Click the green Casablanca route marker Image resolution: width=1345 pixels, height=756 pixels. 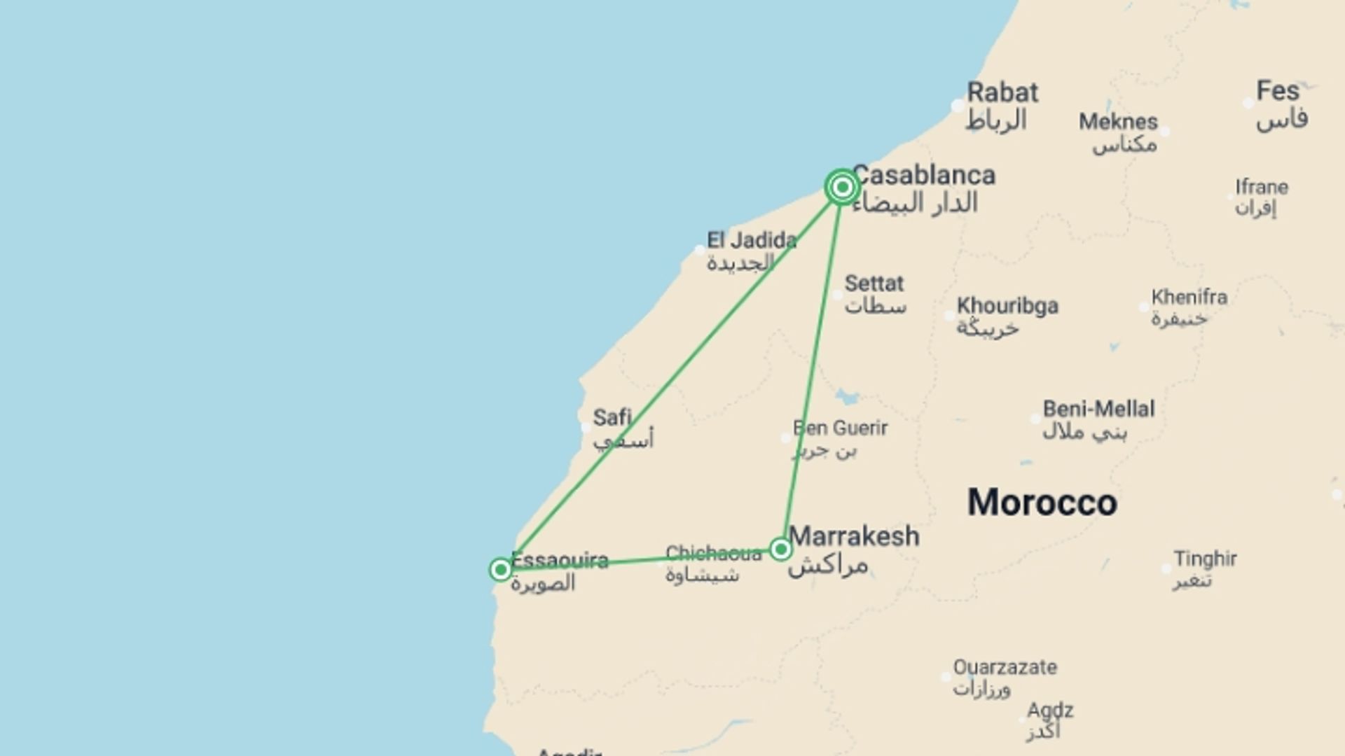[842, 187]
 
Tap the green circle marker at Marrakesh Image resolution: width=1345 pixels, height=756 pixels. [780, 549]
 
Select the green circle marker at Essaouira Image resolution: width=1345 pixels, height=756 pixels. [500, 570]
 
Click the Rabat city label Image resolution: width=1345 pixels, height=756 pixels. [1002, 92]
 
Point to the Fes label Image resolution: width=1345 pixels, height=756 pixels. [1278, 91]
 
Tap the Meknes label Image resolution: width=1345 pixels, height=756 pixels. [1118, 122]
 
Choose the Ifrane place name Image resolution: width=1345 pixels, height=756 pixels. [1261, 187]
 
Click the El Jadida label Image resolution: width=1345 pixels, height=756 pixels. [751, 241]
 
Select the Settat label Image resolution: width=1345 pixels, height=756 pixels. [874, 283]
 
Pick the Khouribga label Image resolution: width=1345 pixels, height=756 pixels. [1007, 306]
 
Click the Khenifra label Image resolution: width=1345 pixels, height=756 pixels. [1189, 297]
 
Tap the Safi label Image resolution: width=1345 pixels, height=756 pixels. [612, 418]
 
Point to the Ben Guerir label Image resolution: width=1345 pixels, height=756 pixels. [840, 428]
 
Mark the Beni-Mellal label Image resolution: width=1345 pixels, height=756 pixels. [1098, 409]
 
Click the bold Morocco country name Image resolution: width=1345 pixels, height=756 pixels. [1042, 503]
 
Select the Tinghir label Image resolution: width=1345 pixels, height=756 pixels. [1205, 559]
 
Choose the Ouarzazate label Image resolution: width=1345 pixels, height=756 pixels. [1005, 667]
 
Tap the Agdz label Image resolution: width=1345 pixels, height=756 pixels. [1049, 710]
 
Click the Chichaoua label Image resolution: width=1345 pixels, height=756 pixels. [713, 554]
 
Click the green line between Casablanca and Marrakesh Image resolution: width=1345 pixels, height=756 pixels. [813, 364]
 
